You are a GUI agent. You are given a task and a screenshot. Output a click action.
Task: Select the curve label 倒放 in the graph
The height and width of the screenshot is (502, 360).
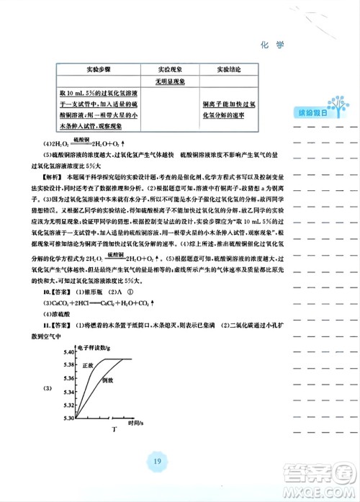(109, 379)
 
